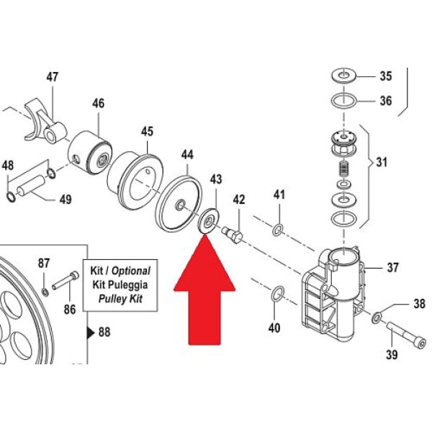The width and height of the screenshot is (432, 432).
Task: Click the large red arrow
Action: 207,295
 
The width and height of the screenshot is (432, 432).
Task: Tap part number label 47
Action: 53,77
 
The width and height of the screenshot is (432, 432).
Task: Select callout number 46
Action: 99,104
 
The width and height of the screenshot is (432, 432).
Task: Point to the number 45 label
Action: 147,132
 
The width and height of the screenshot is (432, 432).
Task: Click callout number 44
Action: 187,155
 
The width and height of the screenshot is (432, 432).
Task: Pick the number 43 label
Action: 215,179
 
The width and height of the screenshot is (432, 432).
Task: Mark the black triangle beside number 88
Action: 90,333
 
